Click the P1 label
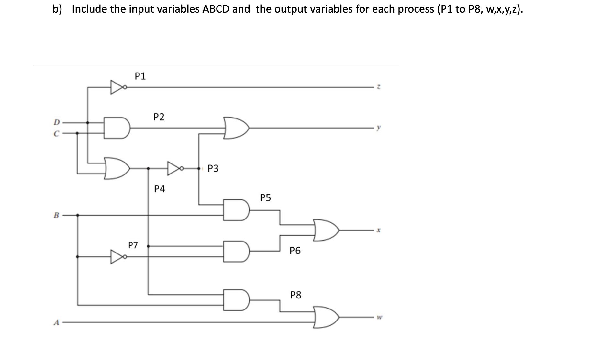click(x=140, y=76)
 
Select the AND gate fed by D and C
click(x=116, y=128)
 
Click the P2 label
click(x=159, y=117)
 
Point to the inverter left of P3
click(x=175, y=168)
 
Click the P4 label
click(x=159, y=189)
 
